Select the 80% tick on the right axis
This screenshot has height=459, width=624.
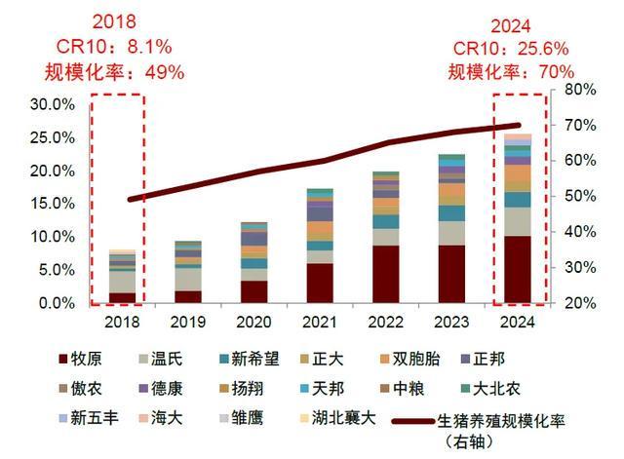[x=574, y=90]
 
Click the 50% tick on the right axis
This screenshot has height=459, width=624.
[x=574, y=197]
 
